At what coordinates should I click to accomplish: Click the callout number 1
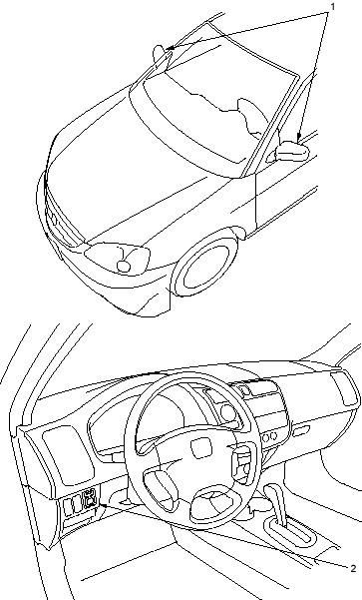click(332, 7)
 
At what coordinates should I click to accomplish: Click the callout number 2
click(353, 568)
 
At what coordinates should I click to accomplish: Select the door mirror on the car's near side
click(292, 151)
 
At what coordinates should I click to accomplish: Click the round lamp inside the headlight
click(124, 266)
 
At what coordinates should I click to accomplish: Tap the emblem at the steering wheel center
click(201, 448)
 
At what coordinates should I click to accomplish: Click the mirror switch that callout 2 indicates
click(90, 498)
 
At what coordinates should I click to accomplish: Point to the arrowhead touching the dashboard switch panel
click(103, 505)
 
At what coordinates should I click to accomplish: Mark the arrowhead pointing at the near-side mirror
click(299, 136)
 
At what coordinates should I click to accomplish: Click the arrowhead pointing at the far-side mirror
click(171, 48)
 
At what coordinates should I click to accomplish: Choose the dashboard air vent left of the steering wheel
click(68, 455)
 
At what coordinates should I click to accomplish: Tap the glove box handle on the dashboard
click(301, 431)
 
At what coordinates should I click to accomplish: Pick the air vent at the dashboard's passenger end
click(345, 388)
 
